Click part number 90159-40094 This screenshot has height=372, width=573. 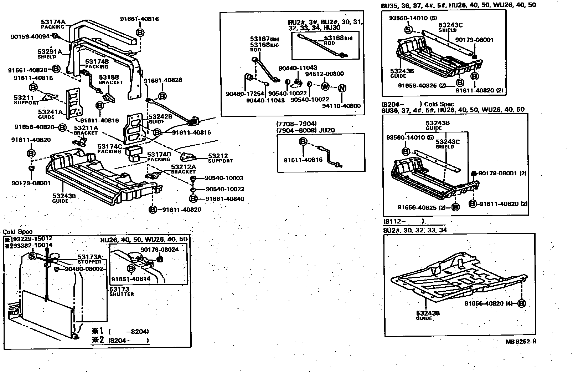(30, 36)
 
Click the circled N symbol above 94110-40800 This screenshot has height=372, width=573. (341, 88)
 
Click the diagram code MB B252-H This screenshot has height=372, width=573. (521, 341)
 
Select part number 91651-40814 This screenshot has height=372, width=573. (131, 279)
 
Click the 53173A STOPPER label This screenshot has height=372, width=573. (90, 259)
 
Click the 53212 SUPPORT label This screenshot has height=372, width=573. (220, 158)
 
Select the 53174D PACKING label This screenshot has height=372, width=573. (159, 156)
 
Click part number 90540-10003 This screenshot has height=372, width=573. (224, 178)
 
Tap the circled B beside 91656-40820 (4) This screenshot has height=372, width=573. (521, 303)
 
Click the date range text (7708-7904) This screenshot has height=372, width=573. (296, 124)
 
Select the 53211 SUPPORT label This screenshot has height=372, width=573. (26, 100)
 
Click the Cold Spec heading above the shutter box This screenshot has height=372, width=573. (17, 232)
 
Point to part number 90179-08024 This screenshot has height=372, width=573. (159, 250)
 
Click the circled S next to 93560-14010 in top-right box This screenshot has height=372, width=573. (408, 29)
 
